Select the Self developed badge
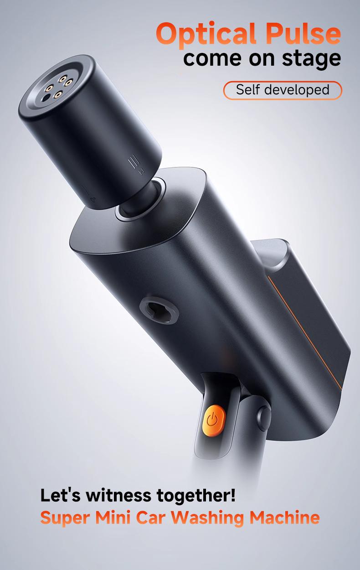coord(283,90)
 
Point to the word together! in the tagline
coord(196,496)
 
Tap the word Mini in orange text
coord(112,517)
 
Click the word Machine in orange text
coord(284,517)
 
